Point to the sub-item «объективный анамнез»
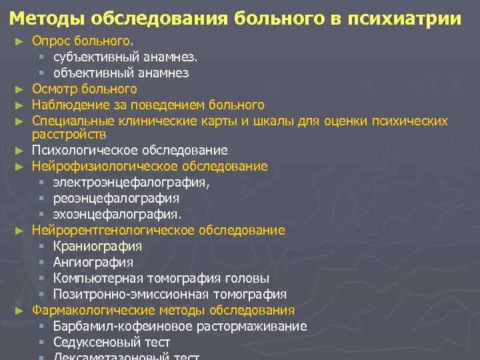pyautogui.click(x=121, y=73)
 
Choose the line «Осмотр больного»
pyautogui.click(x=84, y=89)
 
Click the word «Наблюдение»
pyautogui.click(x=72, y=105)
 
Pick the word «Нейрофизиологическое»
pyautogui.click(x=107, y=166)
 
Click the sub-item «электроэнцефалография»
pyautogui.click(x=131, y=182)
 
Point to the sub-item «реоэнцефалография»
pyautogui.click(x=116, y=198)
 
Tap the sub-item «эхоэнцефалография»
pyautogui.click(x=117, y=214)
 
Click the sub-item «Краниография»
pyautogui.click(x=97, y=246)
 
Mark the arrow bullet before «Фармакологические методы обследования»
pyautogui.click(x=19, y=310)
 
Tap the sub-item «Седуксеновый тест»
pyautogui.click(x=111, y=342)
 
